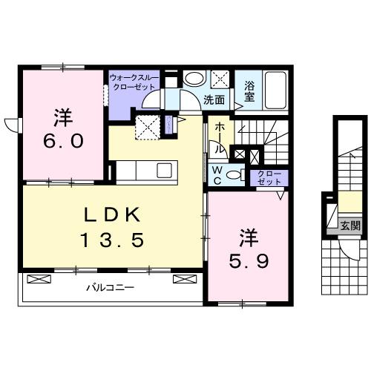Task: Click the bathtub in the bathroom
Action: [277, 91]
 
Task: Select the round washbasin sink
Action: [194, 78]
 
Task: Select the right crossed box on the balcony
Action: [183, 279]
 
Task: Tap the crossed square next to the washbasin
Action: [220, 79]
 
